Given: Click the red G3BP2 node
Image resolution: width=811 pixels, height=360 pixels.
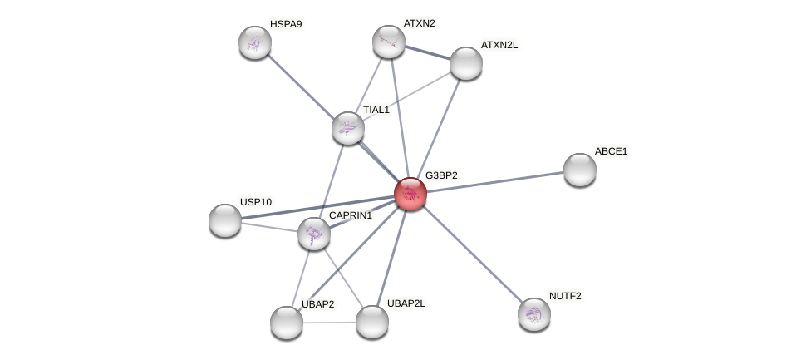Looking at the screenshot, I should coord(410,194).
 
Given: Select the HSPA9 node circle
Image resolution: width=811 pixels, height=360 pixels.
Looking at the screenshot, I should coord(255,42).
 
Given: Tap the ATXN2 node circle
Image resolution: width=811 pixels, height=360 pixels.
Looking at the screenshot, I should coord(388,42).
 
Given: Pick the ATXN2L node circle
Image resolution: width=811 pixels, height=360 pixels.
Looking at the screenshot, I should coord(465,63).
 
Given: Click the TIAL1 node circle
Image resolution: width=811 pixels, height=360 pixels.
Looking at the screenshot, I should coord(348,128).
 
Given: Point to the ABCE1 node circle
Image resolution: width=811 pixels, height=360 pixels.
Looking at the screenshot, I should coord(579,170).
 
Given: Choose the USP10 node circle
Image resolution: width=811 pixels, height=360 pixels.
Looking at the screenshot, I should coord(225,220).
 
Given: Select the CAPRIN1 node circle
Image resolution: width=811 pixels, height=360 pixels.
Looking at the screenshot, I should coord(314,234).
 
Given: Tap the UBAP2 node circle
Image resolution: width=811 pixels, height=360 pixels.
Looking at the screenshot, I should coord(287,323).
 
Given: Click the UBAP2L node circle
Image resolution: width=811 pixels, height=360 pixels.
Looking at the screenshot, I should coord(371,322).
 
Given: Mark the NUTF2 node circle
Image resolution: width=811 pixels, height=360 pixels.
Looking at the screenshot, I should coord(533,314).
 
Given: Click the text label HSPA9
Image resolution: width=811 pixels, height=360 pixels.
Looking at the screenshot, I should coord(286,24).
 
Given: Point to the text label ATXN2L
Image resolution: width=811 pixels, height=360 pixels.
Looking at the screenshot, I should coord(499,45).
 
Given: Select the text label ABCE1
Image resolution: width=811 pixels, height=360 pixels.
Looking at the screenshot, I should coord(611,151).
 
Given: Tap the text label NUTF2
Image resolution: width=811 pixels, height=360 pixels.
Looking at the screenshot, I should coord(565,296).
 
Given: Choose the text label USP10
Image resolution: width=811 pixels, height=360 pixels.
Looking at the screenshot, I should coord(256,202).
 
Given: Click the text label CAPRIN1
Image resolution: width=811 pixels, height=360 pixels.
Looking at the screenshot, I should coord(351,216).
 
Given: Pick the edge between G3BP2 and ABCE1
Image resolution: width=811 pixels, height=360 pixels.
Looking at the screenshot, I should coord(494,181).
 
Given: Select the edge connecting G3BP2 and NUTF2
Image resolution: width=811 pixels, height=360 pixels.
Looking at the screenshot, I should coord(472,254).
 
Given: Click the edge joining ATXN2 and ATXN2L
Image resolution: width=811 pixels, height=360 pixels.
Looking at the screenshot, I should coord(427,52).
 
